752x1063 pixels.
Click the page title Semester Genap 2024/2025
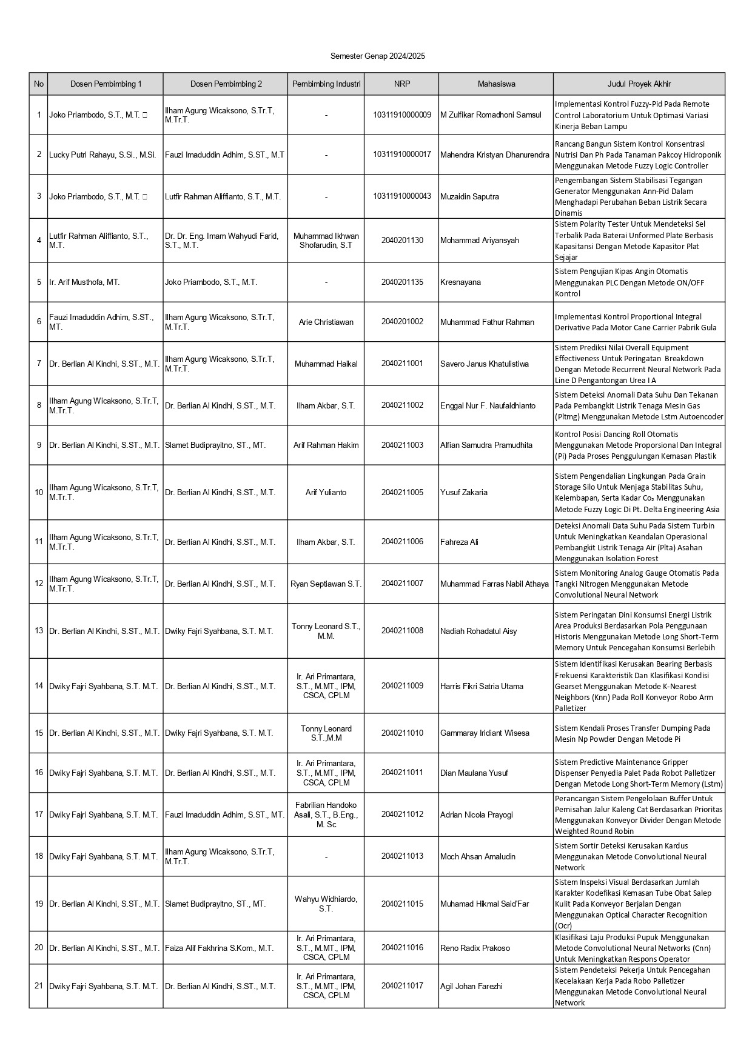tap(377, 56)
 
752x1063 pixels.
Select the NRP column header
tap(401, 84)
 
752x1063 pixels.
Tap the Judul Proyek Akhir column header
tap(639, 84)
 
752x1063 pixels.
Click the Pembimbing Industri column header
tap(326, 84)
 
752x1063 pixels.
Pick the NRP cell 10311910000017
tap(401, 155)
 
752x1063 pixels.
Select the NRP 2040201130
tap(401, 241)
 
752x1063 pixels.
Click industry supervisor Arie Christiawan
tap(326, 322)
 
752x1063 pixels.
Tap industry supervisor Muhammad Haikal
tap(326, 364)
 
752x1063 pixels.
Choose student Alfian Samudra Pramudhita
tap(486, 445)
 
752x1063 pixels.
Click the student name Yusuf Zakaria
tap(463, 493)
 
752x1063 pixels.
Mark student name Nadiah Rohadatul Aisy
tap(478, 631)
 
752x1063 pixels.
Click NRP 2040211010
tap(401, 733)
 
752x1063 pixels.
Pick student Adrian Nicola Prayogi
tap(476, 815)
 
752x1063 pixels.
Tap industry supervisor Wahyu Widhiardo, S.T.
tap(326, 904)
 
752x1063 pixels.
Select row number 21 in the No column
tap(39, 986)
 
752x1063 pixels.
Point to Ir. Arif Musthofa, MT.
tap(84, 282)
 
